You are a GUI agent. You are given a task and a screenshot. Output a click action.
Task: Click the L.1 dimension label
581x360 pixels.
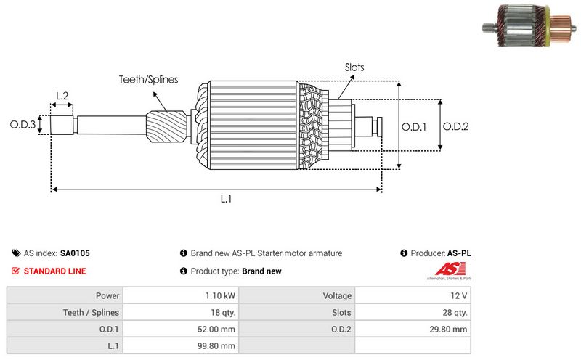click(x=227, y=199)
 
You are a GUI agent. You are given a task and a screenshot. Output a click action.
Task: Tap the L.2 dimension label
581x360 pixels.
click(x=62, y=96)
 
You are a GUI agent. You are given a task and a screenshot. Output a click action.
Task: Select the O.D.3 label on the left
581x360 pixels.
click(x=23, y=125)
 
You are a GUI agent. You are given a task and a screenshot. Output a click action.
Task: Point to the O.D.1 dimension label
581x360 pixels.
click(x=414, y=126)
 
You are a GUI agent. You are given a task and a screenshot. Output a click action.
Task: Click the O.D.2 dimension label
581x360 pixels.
click(x=455, y=126)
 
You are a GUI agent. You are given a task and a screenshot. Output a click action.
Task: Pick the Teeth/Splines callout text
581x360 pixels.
click(x=149, y=79)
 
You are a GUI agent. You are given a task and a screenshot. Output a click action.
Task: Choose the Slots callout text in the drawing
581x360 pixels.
click(x=354, y=67)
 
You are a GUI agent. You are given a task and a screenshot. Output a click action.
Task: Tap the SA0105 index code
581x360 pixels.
click(x=75, y=253)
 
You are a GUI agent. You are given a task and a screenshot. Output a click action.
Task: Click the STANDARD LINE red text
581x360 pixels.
click(x=54, y=271)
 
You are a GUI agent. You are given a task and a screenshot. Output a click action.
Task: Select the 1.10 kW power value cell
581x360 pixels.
click(x=220, y=296)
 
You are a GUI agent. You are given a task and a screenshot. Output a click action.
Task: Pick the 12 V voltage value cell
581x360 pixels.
click(x=458, y=296)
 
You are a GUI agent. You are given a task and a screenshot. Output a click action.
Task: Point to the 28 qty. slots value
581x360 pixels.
click(x=455, y=313)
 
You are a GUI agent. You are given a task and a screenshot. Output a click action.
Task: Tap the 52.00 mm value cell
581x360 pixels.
click(x=218, y=330)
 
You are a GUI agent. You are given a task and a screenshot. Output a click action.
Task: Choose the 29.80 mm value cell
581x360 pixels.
click(x=450, y=330)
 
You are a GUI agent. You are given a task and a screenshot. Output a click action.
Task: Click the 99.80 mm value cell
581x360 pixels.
click(x=218, y=346)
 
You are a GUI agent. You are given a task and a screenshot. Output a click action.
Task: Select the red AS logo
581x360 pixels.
click(x=439, y=271)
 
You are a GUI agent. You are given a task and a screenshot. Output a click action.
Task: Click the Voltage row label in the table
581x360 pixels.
click(x=337, y=296)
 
